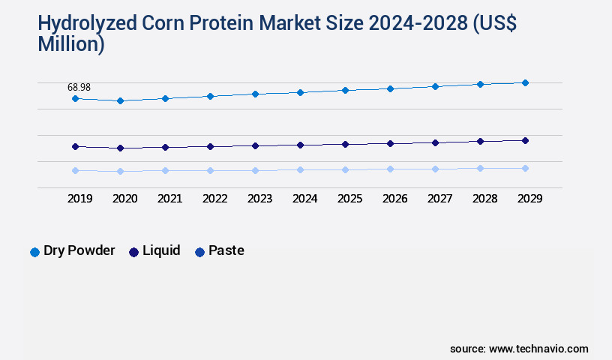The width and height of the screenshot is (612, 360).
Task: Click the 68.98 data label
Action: click(79, 88)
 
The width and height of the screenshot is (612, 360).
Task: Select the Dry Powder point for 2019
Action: click(75, 98)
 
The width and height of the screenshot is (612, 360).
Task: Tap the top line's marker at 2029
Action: click(525, 82)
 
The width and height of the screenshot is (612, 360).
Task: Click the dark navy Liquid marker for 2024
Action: click(300, 145)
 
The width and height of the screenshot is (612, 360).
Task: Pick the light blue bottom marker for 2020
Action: click(120, 171)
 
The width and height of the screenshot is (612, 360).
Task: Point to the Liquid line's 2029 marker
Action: click(525, 140)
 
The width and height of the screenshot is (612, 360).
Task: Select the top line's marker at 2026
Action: click(390, 88)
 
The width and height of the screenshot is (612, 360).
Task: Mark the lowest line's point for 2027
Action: click(435, 169)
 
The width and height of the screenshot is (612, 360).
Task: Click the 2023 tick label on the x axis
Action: click(259, 199)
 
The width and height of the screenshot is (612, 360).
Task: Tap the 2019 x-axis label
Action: click(79, 199)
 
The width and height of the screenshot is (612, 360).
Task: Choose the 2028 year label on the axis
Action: click(484, 199)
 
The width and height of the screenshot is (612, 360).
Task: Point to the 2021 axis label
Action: click(169, 199)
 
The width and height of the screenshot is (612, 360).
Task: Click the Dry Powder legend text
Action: click(79, 250)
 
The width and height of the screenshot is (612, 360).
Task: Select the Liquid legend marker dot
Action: click(133, 252)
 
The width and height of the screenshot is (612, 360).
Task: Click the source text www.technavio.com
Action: click(538, 349)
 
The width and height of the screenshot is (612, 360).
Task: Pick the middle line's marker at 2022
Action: click(210, 146)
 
